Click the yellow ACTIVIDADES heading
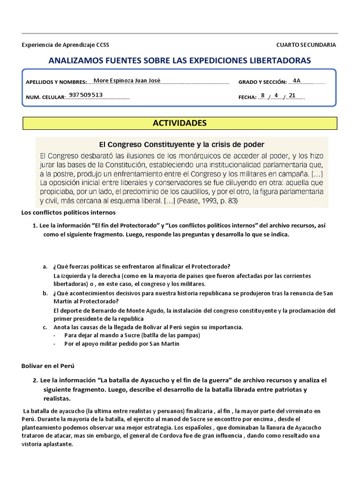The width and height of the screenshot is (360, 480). coord(180,123)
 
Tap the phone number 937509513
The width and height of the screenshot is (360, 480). coord(86,95)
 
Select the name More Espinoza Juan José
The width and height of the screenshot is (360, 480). coord(127,80)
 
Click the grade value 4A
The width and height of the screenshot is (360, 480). coord(296,80)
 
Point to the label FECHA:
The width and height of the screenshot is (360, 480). coord(247,98)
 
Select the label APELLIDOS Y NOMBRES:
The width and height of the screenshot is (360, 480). coord(57,82)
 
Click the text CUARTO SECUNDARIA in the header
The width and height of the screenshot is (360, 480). coord(306,45)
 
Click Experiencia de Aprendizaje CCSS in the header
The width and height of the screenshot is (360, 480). coord(65,45)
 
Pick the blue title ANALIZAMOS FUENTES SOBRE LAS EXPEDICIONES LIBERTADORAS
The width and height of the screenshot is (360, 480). coord(180,60)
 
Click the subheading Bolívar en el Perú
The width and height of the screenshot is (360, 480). coord(48,365)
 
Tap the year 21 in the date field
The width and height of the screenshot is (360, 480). coord(292,95)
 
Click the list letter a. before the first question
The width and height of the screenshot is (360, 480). coord(45,267)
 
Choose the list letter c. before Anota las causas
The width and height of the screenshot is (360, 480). coord(45,327)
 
